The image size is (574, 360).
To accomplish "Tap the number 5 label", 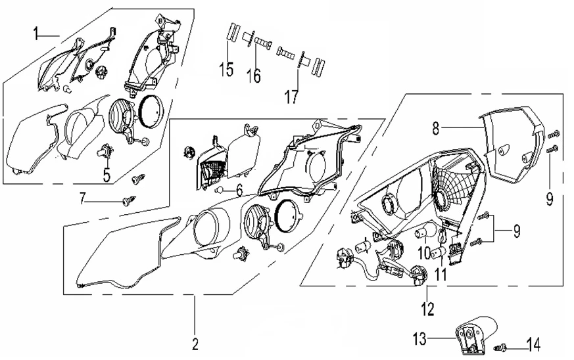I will tap(105, 175).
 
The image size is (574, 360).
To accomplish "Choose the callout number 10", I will tap(425, 253).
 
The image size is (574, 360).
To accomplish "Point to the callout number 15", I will tap(227, 68).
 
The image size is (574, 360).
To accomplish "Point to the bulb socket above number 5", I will tap(103, 152).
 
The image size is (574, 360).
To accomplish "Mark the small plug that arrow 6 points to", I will tap(218, 190).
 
